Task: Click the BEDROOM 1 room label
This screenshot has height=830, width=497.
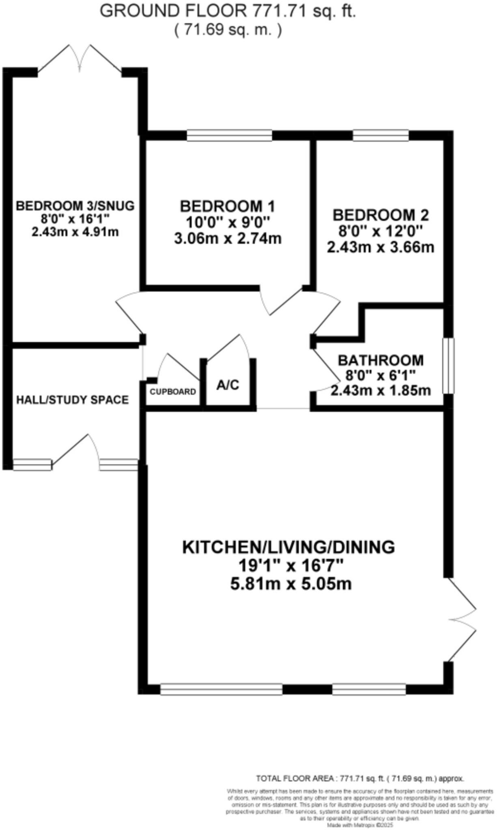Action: click(228, 207)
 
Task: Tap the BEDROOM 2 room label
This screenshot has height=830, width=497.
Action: click(381, 215)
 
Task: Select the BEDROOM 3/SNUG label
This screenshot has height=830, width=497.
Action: click(75, 206)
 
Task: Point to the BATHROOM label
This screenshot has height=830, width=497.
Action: click(381, 360)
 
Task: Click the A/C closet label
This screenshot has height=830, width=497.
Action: click(228, 385)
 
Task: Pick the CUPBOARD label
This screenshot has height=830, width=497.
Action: click(173, 392)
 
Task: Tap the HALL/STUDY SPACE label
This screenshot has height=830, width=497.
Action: click(73, 400)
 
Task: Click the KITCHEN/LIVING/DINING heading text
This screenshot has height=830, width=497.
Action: click(288, 547)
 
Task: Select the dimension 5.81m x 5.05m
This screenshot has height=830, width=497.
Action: click(291, 584)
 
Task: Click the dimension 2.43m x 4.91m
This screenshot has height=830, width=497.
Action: click(75, 232)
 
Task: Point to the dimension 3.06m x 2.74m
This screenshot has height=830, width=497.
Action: click(228, 239)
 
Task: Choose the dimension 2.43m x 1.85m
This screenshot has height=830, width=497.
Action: click(381, 390)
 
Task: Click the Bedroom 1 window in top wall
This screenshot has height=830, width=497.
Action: click(229, 135)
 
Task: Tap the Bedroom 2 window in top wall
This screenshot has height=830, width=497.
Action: click(381, 135)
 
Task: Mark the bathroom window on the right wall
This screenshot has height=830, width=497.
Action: click(448, 366)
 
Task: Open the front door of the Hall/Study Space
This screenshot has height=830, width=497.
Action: click(76, 452)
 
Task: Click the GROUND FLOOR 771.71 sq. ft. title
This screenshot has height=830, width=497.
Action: click(228, 11)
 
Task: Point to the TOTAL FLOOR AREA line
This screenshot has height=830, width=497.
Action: click(360, 779)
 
